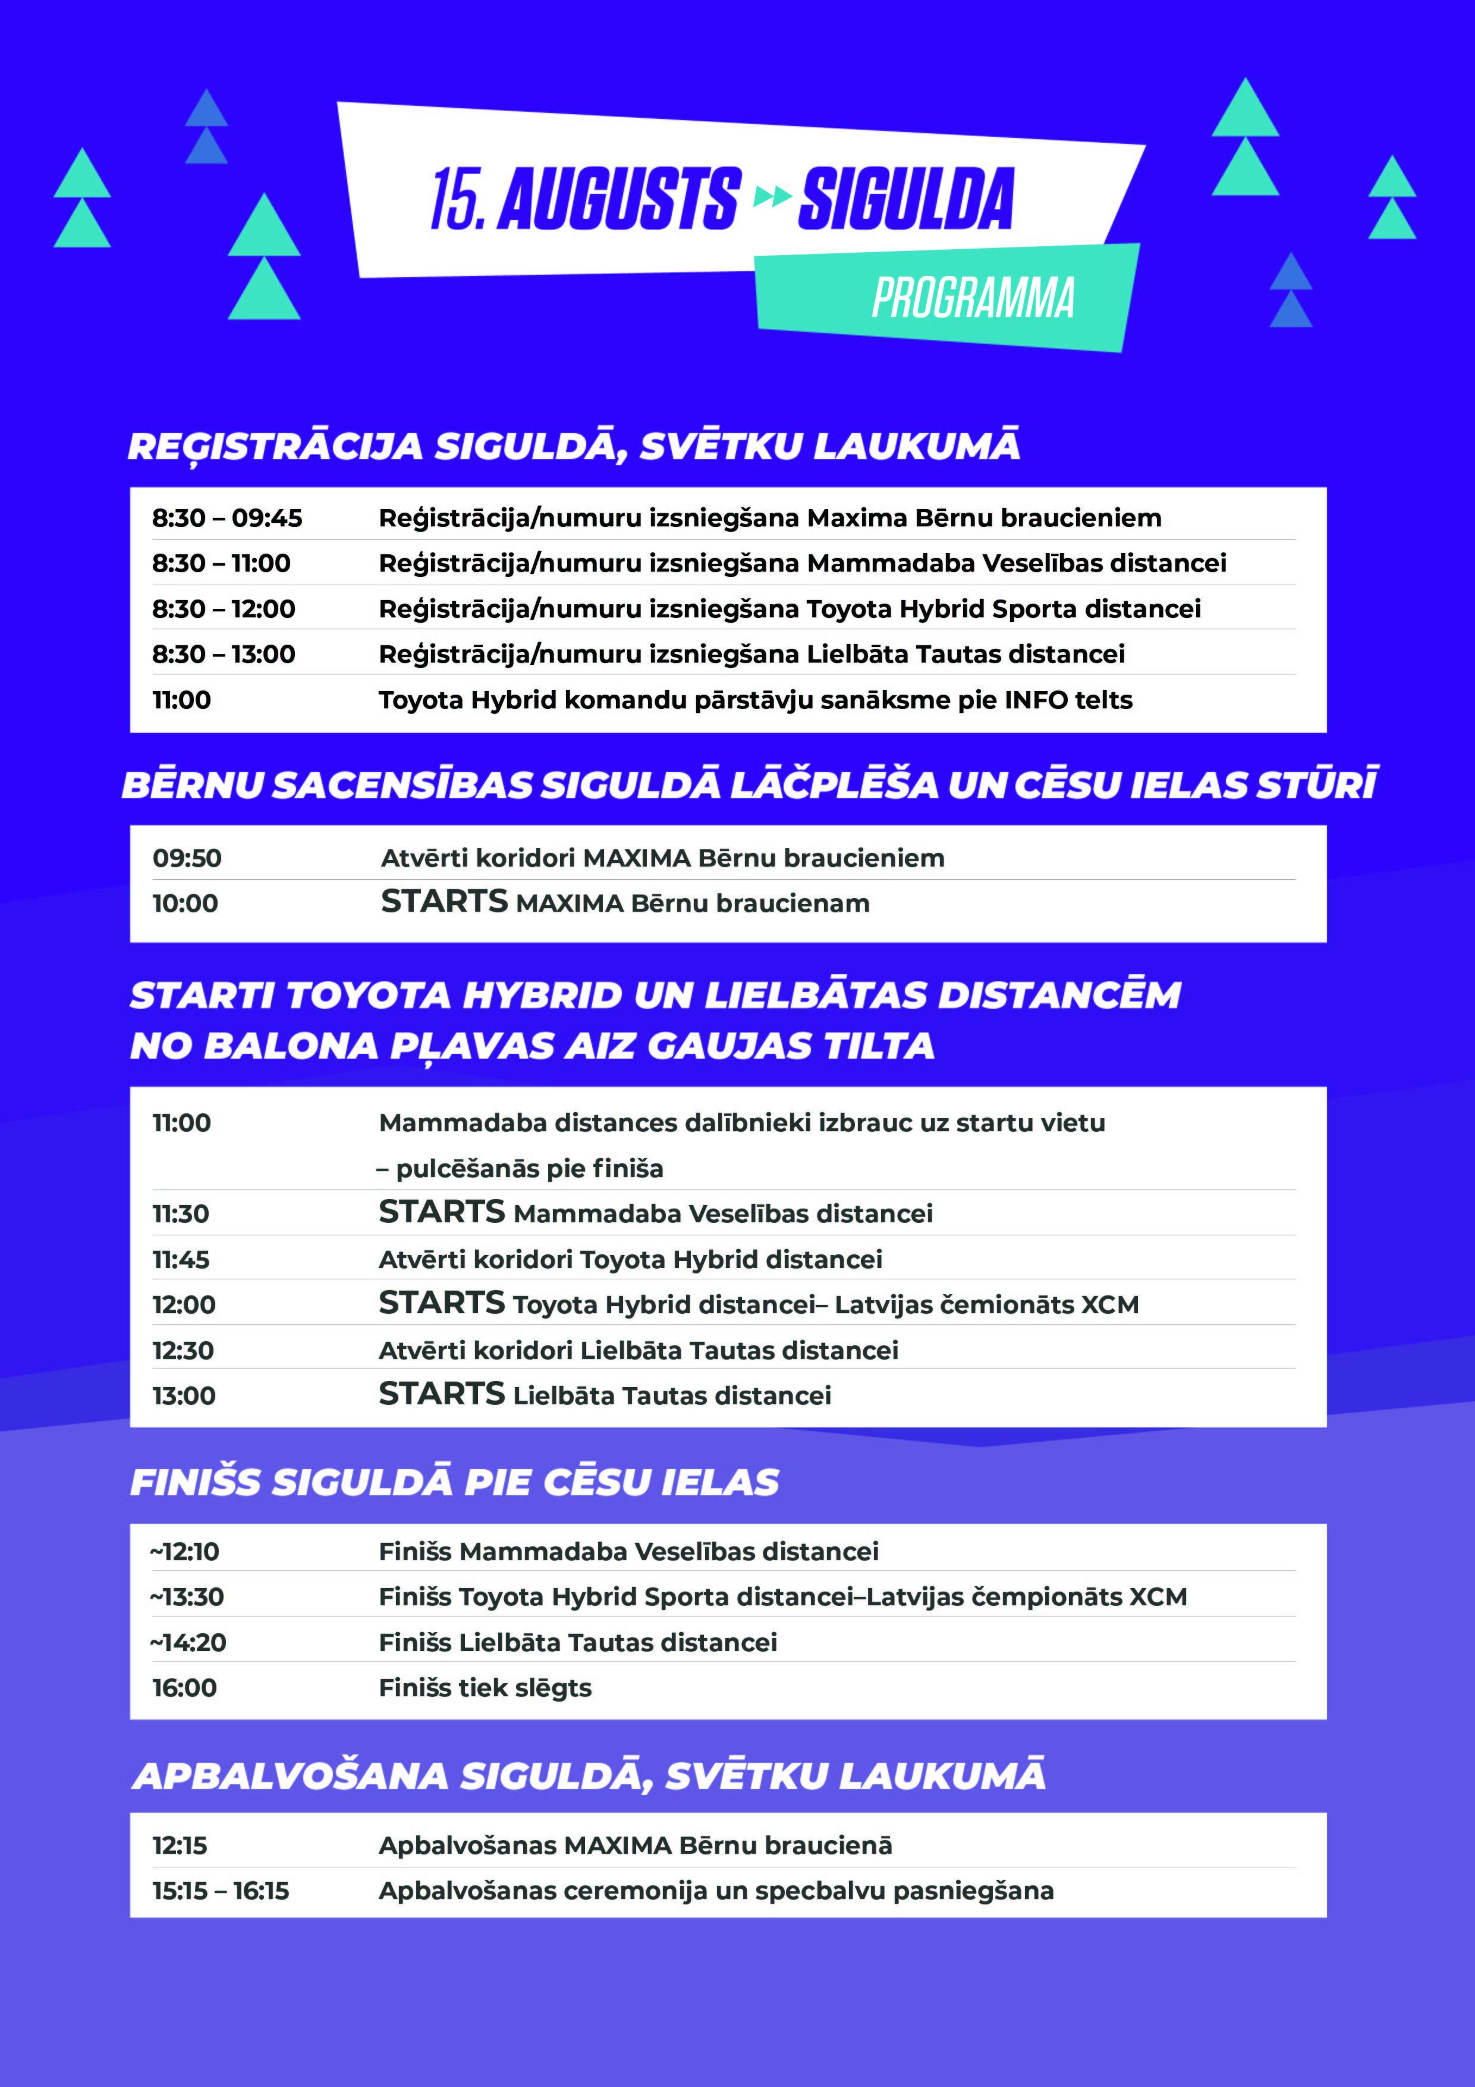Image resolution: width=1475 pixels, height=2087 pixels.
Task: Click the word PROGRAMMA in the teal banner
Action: pos(973,298)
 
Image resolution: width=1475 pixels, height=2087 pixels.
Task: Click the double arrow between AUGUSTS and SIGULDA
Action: pos(770,196)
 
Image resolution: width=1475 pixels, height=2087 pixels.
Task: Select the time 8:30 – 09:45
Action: pos(227,518)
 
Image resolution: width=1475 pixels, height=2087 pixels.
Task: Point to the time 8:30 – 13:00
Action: pos(223,654)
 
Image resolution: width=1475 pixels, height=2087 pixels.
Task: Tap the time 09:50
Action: pos(187,858)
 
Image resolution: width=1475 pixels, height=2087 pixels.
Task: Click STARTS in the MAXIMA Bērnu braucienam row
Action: pos(444,902)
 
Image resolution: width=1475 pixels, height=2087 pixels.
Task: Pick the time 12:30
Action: pos(183,1351)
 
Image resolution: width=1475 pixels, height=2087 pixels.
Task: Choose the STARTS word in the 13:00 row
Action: pos(442,1394)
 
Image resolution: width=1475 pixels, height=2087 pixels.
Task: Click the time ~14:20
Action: pos(188,1643)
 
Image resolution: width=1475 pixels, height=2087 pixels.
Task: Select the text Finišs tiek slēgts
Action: pos(485,1688)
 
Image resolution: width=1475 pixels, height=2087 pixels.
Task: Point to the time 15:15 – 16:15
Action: pos(220,1891)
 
